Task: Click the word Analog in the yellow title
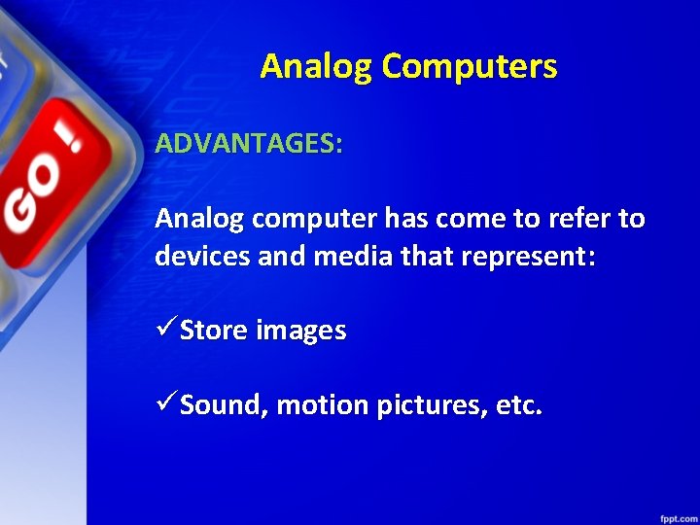tap(317, 67)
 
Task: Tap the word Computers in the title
tap(470, 67)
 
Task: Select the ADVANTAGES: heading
tap(249, 144)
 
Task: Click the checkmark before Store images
tap(165, 330)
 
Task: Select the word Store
tap(214, 332)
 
